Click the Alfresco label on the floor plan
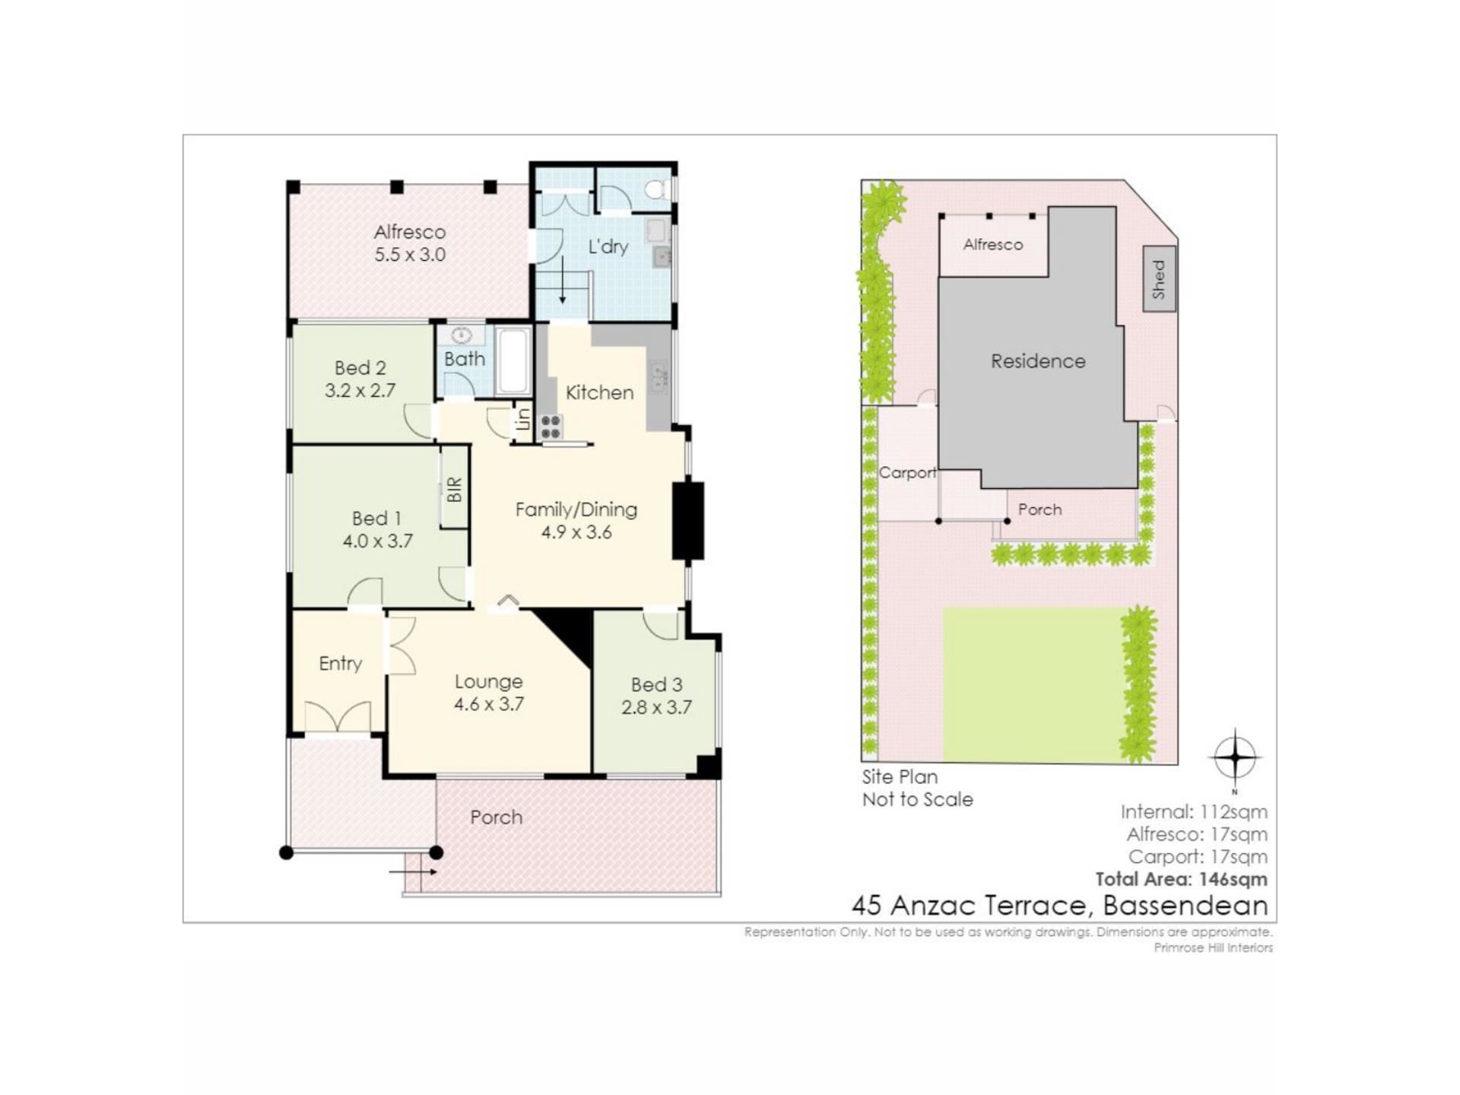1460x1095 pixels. click(x=410, y=232)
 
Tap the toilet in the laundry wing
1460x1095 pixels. click(x=655, y=189)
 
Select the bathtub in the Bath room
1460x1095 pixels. click(x=513, y=361)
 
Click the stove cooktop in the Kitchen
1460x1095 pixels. click(x=551, y=427)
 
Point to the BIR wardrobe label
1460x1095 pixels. click(x=454, y=489)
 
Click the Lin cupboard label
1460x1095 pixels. click(x=523, y=419)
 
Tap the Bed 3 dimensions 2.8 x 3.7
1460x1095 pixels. click(x=656, y=707)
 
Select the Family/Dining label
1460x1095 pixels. click(x=576, y=509)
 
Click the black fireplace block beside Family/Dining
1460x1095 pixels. click(x=688, y=521)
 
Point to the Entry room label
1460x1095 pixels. click(x=340, y=664)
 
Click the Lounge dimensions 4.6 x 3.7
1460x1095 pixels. click(x=489, y=704)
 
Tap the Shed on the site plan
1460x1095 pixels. click(x=1160, y=278)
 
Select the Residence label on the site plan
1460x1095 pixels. click(x=1038, y=361)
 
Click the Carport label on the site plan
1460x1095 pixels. click(x=907, y=472)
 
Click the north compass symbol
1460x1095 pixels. click(x=1235, y=757)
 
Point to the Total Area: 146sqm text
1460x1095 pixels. click(x=1181, y=879)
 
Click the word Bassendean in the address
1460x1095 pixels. click(x=1185, y=906)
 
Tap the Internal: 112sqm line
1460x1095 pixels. click(x=1194, y=812)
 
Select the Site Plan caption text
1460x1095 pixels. click(x=900, y=777)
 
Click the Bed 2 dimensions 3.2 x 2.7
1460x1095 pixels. click(x=360, y=391)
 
